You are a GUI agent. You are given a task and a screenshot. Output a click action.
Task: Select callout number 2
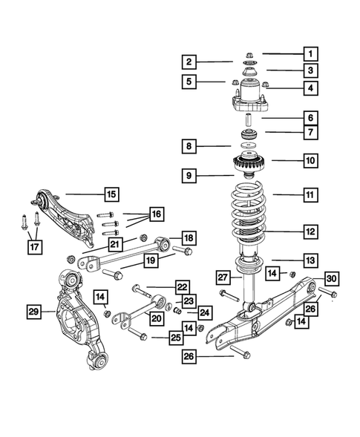[x=190, y=62]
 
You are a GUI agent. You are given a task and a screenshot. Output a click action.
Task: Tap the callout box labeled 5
[x=190, y=81]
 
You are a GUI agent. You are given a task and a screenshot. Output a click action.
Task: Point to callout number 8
[x=190, y=147]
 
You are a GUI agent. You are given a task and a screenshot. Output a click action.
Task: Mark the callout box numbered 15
[x=111, y=195]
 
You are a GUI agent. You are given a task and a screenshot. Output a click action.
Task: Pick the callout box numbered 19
[x=150, y=260]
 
